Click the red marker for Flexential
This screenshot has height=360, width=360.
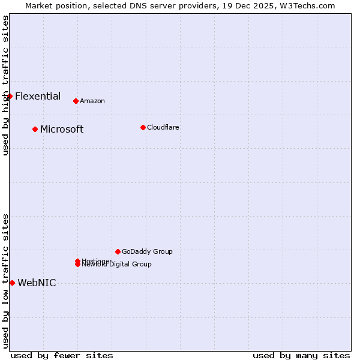(10, 96)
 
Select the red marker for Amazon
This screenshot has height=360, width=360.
(76, 101)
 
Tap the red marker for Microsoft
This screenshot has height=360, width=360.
(35, 129)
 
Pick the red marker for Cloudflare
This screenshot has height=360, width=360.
(143, 127)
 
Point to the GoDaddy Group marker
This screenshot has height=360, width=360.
(118, 251)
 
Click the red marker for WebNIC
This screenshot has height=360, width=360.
(12, 283)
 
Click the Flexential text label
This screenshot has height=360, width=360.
(38, 96)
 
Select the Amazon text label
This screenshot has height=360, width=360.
(92, 101)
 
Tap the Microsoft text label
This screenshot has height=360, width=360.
(62, 129)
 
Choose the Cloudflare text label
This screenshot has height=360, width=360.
(163, 127)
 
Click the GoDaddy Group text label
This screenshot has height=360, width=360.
(147, 251)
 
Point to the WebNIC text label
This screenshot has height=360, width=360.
(37, 283)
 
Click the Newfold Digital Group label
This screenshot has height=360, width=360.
(118, 265)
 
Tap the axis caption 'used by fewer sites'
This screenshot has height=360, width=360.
(62, 355)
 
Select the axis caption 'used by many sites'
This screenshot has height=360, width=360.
(301, 355)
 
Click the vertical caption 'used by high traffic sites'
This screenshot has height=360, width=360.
(5, 85)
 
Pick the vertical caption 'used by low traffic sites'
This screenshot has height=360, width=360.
(5, 280)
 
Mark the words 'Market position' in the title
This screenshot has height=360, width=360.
(53, 5)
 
